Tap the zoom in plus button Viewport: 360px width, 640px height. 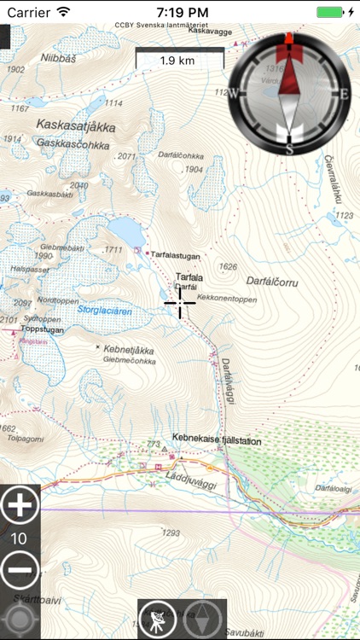pos(20,507)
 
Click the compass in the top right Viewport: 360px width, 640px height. pos(289,94)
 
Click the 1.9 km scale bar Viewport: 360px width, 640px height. pos(178,60)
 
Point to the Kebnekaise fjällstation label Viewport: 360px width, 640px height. pos(217,441)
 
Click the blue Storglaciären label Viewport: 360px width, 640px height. pos(105,310)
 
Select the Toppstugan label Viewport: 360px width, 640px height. pos(43,328)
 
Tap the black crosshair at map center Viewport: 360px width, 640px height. pos(180,302)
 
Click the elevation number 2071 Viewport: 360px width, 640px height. pos(127,156)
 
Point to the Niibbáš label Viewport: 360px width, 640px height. pos(58,58)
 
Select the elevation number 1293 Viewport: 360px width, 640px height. pos(171,533)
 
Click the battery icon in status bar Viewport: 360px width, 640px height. pos(333,12)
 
